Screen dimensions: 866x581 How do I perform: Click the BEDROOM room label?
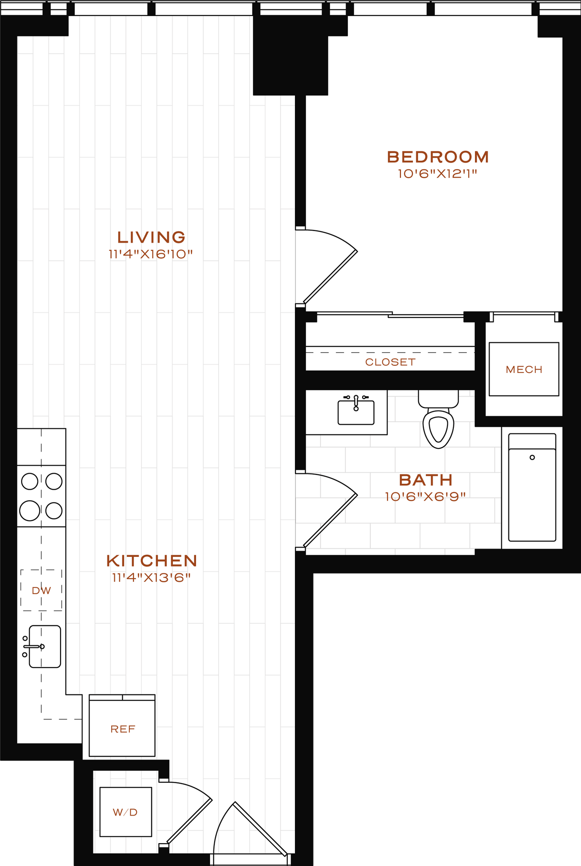pyautogui.click(x=438, y=157)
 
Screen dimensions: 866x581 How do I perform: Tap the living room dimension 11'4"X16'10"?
pyautogui.click(x=151, y=255)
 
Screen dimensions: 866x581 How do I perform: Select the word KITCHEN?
pyautogui.click(x=152, y=561)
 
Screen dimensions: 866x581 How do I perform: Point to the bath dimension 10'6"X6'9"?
pyautogui.click(x=425, y=496)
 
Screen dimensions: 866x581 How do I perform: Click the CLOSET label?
pyautogui.click(x=390, y=362)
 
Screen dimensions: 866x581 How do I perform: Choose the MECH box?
pyautogui.click(x=524, y=369)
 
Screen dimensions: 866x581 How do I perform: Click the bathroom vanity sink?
pyautogui.click(x=356, y=412)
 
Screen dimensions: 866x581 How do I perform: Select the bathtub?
pyautogui.click(x=532, y=491)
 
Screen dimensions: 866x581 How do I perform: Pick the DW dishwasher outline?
pyautogui.click(x=41, y=590)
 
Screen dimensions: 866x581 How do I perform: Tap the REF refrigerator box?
pyautogui.click(x=122, y=729)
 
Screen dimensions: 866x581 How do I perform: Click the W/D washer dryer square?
pyautogui.click(x=125, y=812)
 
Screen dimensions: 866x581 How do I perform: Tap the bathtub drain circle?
pyautogui.click(x=532, y=458)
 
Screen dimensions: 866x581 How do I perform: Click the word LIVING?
pyautogui.click(x=151, y=237)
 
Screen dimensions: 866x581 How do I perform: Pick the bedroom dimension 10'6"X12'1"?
pyautogui.click(x=437, y=174)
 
